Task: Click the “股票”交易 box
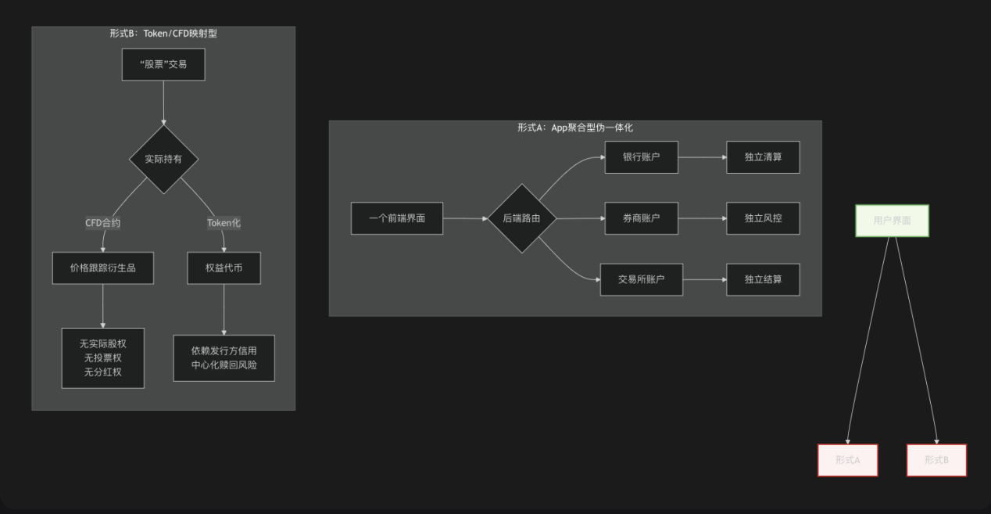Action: [163, 64]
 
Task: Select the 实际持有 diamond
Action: [163, 159]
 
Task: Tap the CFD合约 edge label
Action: [103, 223]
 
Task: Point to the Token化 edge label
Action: [224, 223]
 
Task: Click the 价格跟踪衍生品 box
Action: [102, 268]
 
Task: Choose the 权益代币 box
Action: [224, 268]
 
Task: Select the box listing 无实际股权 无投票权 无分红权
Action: [103, 358]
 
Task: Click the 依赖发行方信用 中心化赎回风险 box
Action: [224, 358]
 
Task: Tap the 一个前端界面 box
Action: [397, 218]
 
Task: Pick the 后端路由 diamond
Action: [522, 218]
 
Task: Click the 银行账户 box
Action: [641, 157]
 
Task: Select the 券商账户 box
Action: [641, 218]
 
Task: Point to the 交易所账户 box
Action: [641, 279]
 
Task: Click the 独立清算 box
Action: [763, 157]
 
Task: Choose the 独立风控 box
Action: [763, 218]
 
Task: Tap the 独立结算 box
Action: [763, 279]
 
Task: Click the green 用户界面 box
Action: [892, 221]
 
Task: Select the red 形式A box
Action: [847, 460]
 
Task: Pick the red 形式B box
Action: [936, 460]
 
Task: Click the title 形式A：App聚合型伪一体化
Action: [574, 128]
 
